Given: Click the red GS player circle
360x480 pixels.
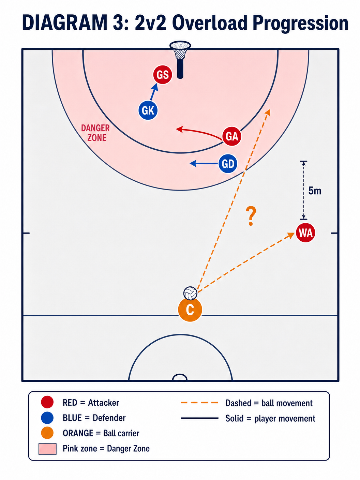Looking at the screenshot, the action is tap(162, 75).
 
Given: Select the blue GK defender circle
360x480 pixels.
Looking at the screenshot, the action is tap(148, 110).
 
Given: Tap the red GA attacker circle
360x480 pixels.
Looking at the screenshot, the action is tap(232, 136).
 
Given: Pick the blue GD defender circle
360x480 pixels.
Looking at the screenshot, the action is tap(228, 164).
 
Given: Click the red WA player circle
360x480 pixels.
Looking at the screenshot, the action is tap(305, 233).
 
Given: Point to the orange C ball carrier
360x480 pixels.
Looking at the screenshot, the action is tap(190, 310).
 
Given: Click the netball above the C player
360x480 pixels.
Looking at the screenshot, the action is tap(190, 293).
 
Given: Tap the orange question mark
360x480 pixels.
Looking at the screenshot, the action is tap(251, 216).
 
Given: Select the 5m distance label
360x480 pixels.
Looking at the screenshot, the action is tap(315, 191).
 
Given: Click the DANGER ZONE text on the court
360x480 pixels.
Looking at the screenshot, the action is tap(95, 133).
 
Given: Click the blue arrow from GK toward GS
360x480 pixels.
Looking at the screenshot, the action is tap(154, 92).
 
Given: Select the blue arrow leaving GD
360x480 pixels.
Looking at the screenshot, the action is tap(204, 163).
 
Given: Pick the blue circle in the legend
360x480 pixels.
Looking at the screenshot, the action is tap(47, 418).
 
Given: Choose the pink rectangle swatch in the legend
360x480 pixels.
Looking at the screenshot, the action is tap(47, 449).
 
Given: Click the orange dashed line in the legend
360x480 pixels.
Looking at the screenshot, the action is tap(199, 403).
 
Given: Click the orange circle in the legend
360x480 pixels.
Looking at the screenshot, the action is tap(47, 433).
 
